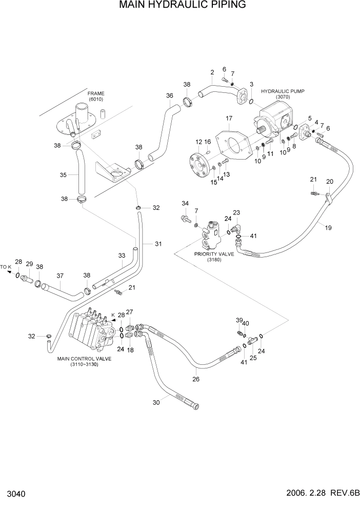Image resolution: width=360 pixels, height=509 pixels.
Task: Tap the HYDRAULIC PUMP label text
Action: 283,91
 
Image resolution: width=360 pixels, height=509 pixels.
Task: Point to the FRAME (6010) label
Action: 95,94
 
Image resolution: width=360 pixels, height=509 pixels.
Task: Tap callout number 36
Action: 170,95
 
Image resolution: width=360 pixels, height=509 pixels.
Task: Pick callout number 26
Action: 195,379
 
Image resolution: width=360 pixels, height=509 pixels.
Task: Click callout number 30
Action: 156,403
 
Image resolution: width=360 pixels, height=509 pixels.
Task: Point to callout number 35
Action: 63,175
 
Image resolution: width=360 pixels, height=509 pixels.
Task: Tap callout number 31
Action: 158,243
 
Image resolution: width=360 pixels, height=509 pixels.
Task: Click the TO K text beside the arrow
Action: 6,267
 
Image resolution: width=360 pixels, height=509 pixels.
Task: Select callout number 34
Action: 185,204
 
